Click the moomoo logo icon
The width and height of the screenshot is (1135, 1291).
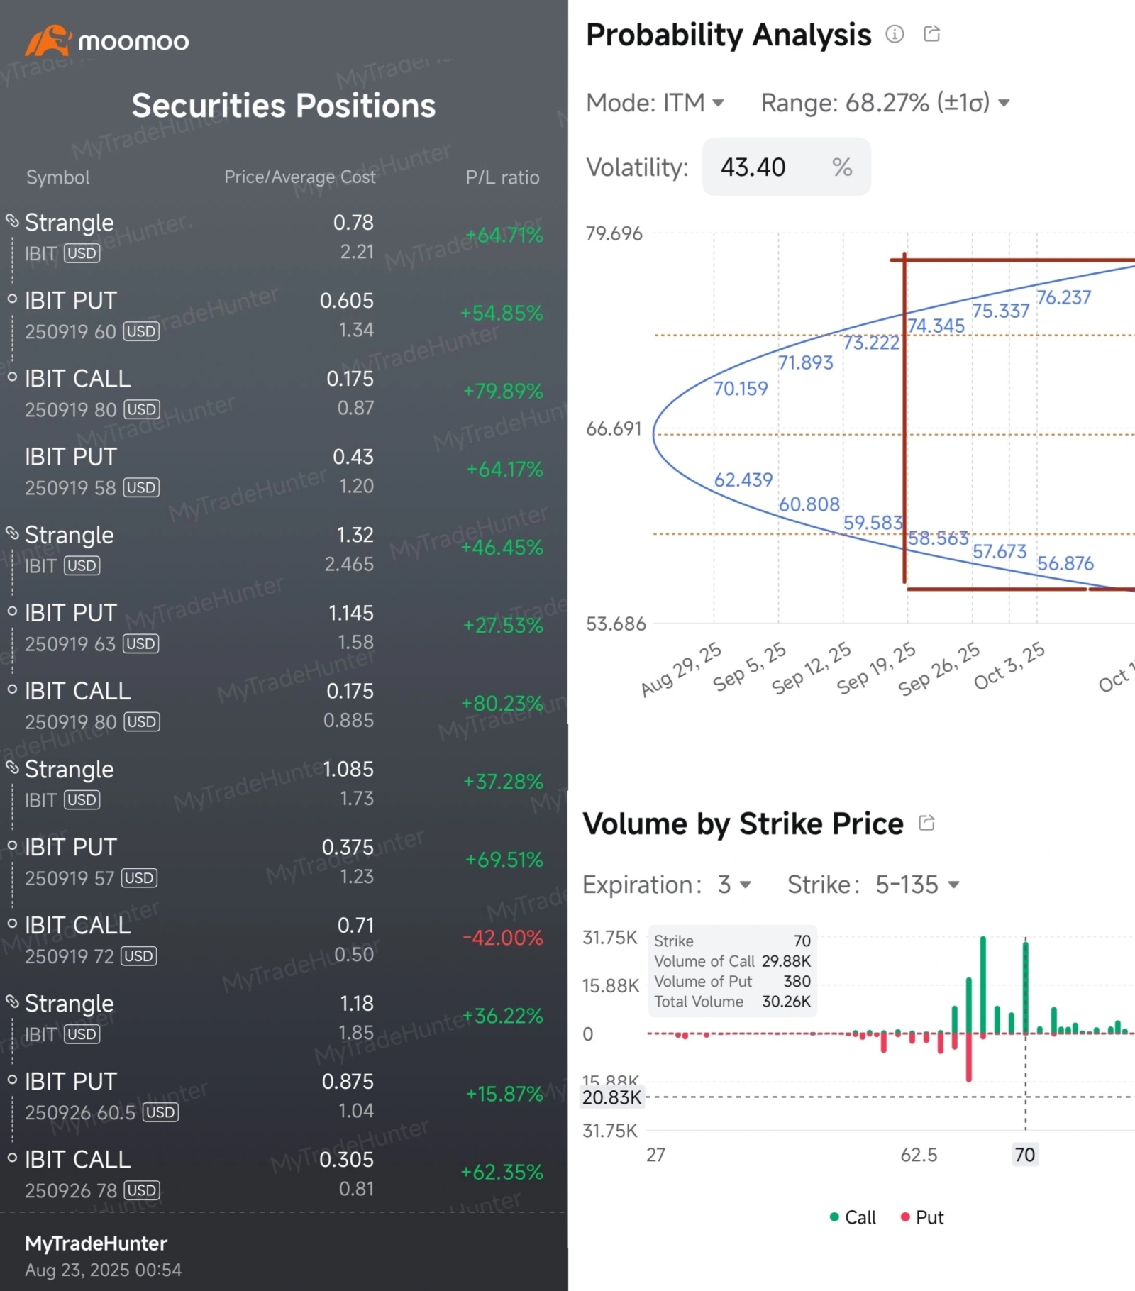pyautogui.click(x=48, y=40)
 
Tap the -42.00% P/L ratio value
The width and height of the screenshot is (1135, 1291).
pyautogui.click(x=503, y=938)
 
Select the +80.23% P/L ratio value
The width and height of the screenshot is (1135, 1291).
pyautogui.click(x=502, y=704)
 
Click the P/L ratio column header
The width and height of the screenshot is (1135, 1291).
pyautogui.click(x=502, y=177)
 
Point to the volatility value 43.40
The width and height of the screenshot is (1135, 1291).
pyautogui.click(x=753, y=167)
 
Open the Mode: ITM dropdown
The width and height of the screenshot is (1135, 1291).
pyautogui.click(x=655, y=104)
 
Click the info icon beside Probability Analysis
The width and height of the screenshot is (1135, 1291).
pyautogui.click(x=895, y=34)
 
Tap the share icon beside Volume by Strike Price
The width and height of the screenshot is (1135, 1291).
pyautogui.click(x=926, y=823)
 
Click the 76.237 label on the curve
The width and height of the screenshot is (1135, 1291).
pyautogui.click(x=1063, y=298)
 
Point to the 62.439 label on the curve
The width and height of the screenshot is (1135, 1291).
pyautogui.click(x=743, y=480)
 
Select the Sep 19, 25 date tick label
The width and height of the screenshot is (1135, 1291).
pyautogui.click(x=876, y=669)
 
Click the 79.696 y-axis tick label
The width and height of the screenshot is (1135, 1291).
pyautogui.click(x=614, y=233)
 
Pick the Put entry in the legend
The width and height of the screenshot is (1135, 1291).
pyautogui.click(x=922, y=1217)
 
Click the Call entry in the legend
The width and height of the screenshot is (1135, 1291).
pyautogui.click(x=853, y=1217)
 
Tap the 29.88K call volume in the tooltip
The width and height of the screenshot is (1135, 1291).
pyautogui.click(x=786, y=961)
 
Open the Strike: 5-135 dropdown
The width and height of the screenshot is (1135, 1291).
pyautogui.click(x=873, y=885)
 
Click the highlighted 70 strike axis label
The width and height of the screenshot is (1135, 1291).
pyautogui.click(x=1024, y=1155)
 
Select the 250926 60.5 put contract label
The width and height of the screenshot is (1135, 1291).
pyautogui.click(x=80, y=1112)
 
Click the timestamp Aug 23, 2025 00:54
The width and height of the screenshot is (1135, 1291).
pyautogui.click(x=104, y=1270)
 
